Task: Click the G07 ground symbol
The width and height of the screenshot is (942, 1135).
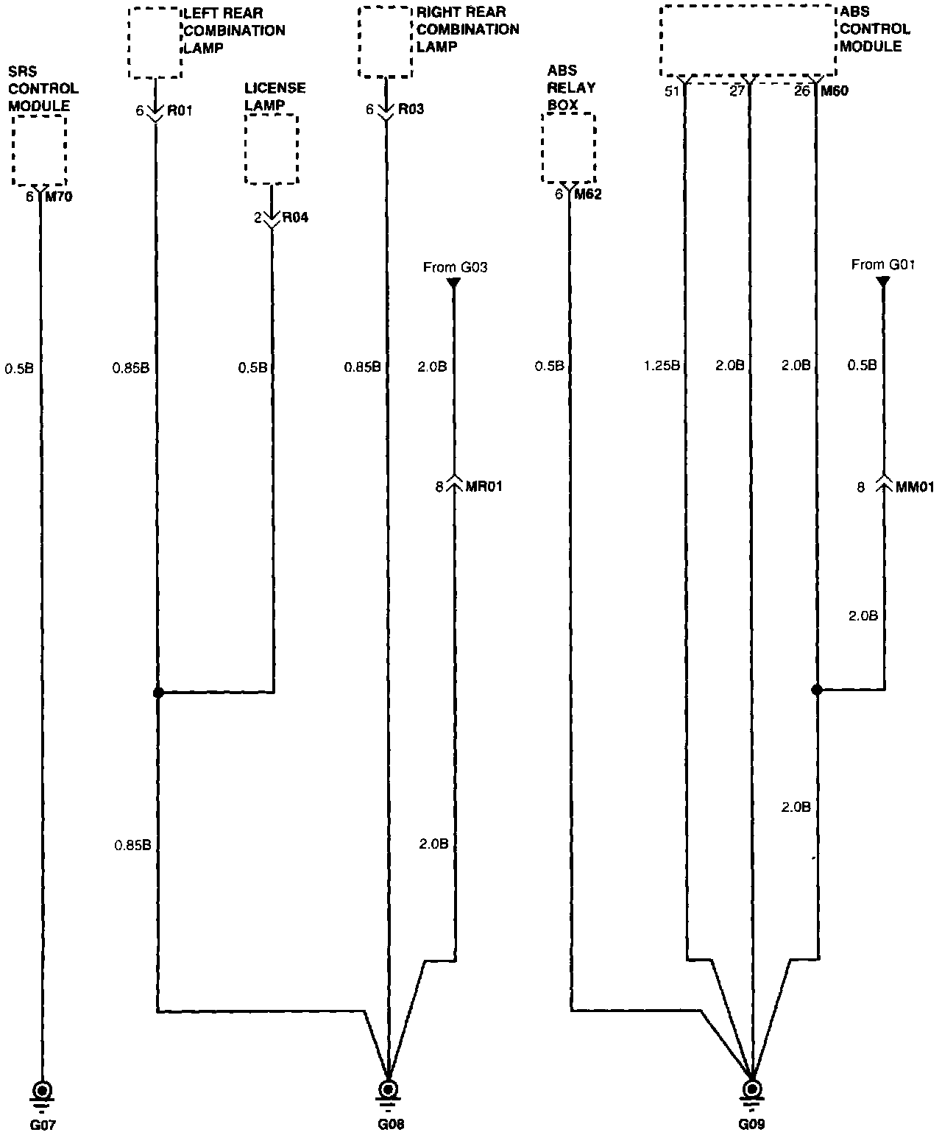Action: coord(41,1091)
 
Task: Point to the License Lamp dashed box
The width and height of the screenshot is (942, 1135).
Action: coord(272,149)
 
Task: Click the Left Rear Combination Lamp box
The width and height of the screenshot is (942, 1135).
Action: coord(155,43)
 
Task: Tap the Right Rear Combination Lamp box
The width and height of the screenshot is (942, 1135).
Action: coord(384,42)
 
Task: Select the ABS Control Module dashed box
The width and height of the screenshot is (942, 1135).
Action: coord(748,40)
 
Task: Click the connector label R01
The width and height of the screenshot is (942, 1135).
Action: coord(180,111)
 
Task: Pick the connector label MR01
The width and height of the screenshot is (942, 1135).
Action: coord(484,486)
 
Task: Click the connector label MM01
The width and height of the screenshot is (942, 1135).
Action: coord(915,487)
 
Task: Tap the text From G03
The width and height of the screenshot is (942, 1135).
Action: coord(455,268)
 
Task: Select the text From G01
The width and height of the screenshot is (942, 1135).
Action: coord(882,265)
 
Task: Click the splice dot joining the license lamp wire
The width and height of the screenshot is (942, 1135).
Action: coord(157,693)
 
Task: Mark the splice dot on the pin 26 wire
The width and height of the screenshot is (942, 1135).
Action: coord(816,690)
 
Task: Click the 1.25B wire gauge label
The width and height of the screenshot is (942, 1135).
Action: coord(661,365)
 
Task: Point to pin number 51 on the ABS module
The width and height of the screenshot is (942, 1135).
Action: coord(671,92)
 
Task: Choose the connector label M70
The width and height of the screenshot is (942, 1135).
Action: coord(60,197)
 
